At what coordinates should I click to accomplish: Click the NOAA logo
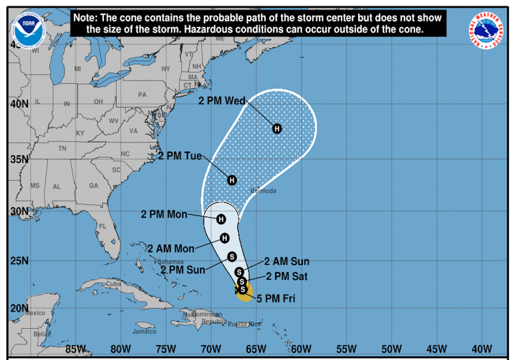pyautogui.click(x=29, y=28)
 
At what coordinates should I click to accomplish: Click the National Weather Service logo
pyautogui.click(x=486, y=30)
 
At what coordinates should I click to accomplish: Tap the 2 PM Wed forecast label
pyautogui.click(x=221, y=101)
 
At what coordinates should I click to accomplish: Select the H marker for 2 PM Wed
pyautogui.click(x=277, y=128)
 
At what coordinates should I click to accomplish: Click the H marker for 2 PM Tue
pyautogui.click(x=232, y=180)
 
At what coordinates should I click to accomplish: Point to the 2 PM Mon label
pyautogui.click(x=164, y=215)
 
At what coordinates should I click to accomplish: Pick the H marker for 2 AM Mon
pyautogui.click(x=224, y=238)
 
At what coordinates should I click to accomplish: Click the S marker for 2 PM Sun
pyautogui.click(x=232, y=256)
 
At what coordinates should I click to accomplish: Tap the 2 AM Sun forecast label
pyautogui.click(x=286, y=261)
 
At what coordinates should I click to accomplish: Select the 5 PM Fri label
pyautogui.click(x=275, y=299)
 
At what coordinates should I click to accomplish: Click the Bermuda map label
pyautogui.click(x=264, y=191)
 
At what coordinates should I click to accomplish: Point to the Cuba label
pyautogui.click(x=114, y=284)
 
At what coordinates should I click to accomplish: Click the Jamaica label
pyautogui.click(x=144, y=331)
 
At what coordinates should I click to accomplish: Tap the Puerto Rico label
pyautogui.click(x=244, y=324)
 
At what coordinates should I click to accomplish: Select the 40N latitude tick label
pyautogui.click(x=19, y=104)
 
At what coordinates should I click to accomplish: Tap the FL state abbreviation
pyautogui.click(x=103, y=226)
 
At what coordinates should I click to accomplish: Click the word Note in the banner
pyautogui.click(x=85, y=17)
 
